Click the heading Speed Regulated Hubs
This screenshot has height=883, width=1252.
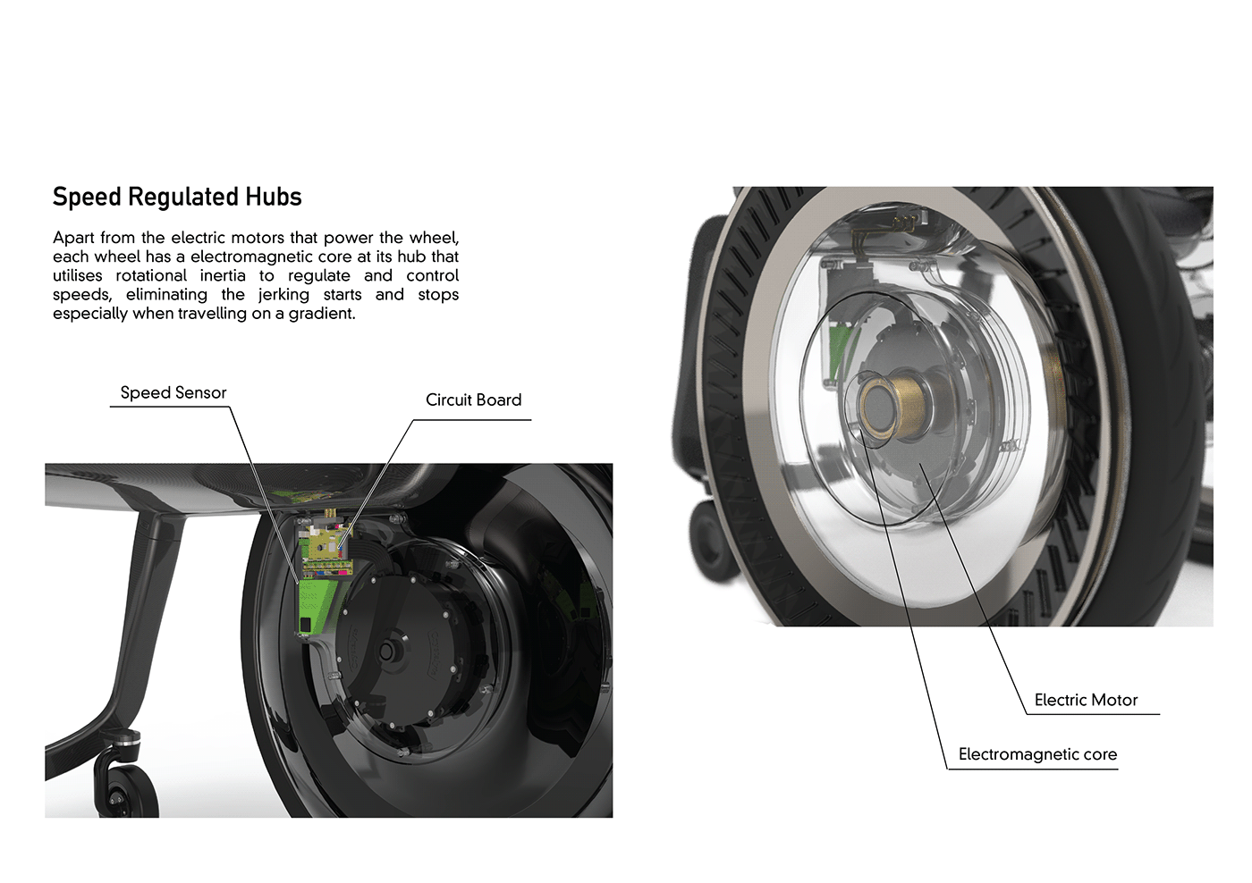click(177, 198)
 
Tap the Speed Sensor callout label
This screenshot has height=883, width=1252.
click(173, 392)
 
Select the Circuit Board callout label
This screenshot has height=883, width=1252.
click(473, 399)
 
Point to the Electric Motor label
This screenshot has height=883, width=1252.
click(1086, 700)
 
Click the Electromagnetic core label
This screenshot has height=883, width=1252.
click(1037, 754)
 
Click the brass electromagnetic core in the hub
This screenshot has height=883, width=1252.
click(889, 404)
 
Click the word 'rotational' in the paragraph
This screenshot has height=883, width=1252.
click(151, 275)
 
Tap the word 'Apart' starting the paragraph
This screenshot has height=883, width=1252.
click(73, 239)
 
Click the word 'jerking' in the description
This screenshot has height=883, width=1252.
click(283, 295)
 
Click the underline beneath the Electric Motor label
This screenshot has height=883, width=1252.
click(1093, 714)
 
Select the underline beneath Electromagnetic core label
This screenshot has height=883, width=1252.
click(1032, 769)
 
